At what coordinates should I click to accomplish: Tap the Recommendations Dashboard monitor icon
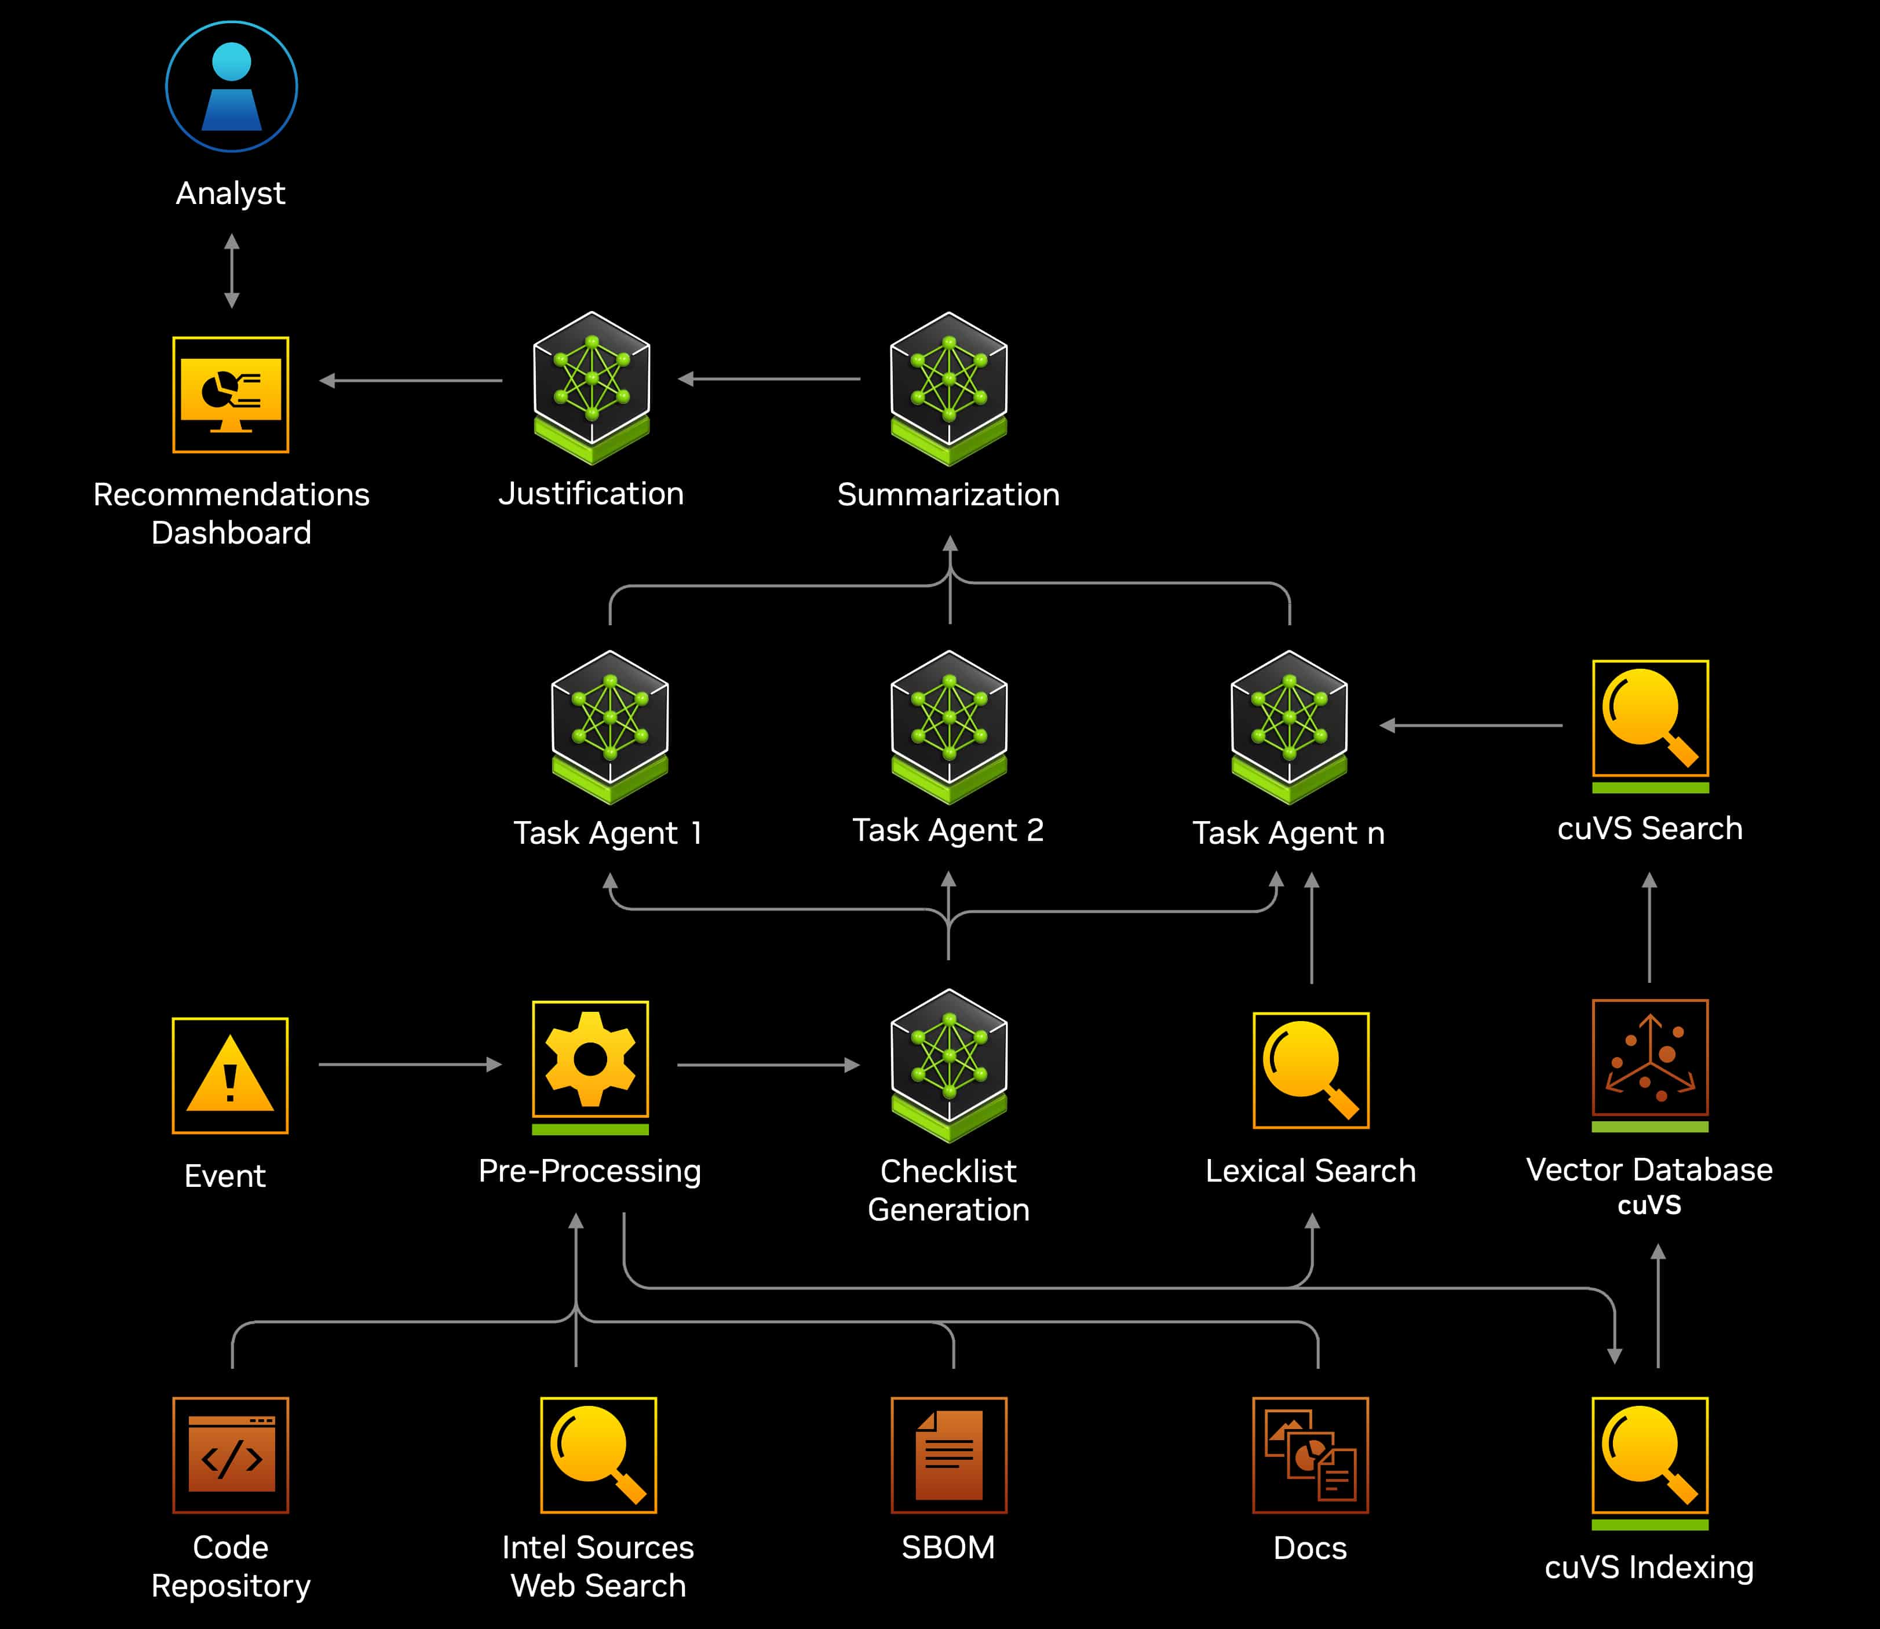click(231, 395)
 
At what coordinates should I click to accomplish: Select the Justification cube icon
click(592, 387)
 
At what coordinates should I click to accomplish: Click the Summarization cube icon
click(948, 387)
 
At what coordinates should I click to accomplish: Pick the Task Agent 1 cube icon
click(609, 726)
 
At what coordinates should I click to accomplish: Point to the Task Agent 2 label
click(948, 830)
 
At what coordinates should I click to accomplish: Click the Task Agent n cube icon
click(1288, 726)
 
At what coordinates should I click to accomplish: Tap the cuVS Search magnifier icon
click(1650, 719)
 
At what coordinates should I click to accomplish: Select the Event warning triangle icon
click(230, 1076)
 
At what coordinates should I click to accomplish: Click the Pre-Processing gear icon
click(590, 1060)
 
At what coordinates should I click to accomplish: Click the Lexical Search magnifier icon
click(1310, 1070)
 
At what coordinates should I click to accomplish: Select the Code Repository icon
click(231, 1455)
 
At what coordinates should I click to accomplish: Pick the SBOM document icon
click(948, 1455)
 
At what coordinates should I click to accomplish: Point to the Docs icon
click(1310, 1455)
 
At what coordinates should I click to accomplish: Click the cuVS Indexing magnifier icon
click(1650, 1455)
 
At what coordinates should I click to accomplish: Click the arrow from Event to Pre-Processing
click(410, 1065)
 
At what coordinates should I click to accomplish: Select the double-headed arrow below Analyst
click(232, 271)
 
